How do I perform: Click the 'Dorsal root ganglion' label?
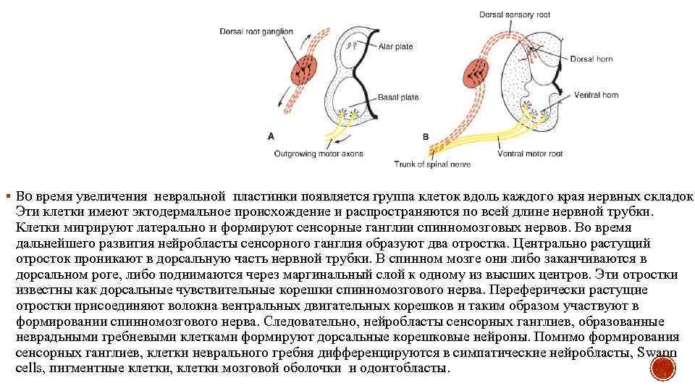pyautogui.click(x=256, y=31)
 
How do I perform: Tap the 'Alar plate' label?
pyautogui.click(x=396, y=46)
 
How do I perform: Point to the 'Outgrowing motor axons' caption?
pyautogui.click(x=319, y=154)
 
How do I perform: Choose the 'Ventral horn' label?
pyautogui.click(x=596, y=94)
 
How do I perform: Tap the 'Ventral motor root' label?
pyautogui.click(x=530, y=154)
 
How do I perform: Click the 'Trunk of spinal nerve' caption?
pyautogui.click(x=432, y=164)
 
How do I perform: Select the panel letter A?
pyautogui.click(x=271, y=135)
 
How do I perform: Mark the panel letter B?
pyautogui.click(x=425, y=136)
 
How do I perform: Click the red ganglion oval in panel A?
pyautogui.click(x=306, y=71)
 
